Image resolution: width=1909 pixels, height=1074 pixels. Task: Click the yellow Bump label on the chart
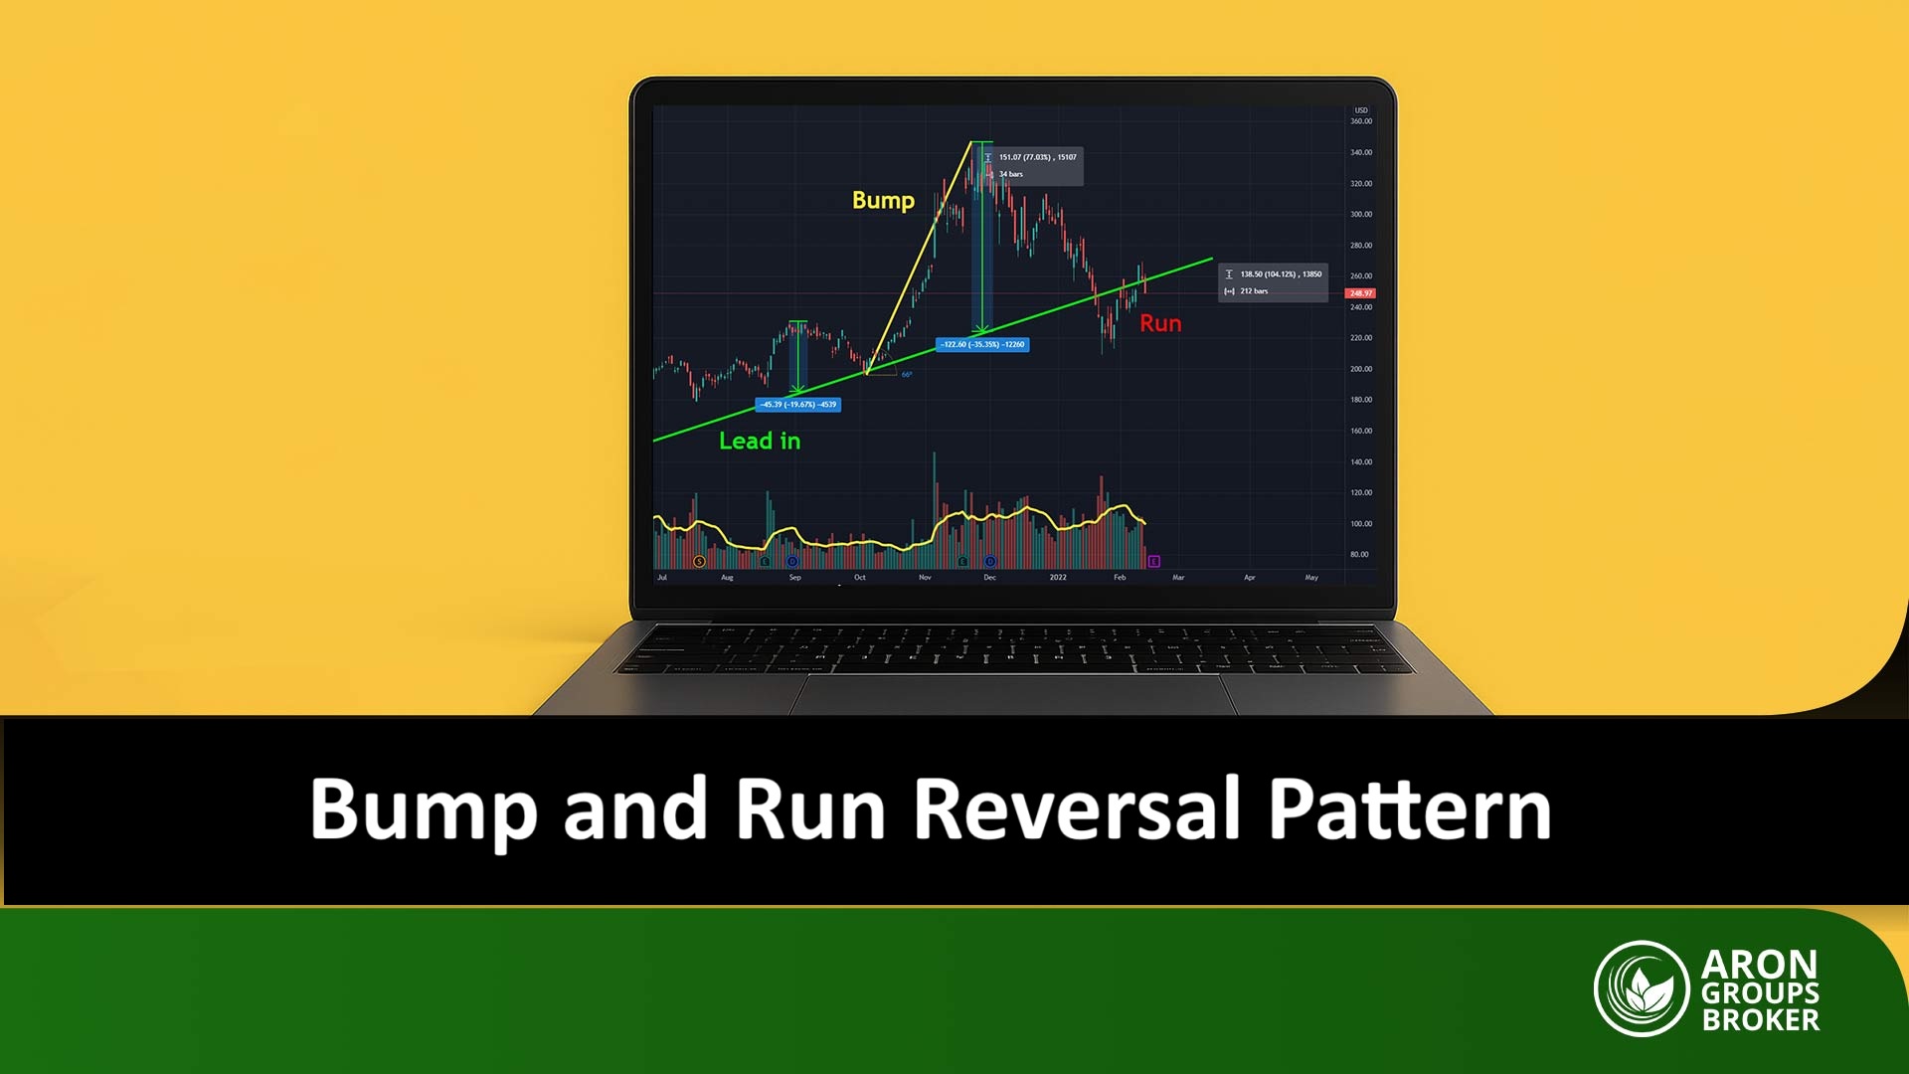tap(883, 201)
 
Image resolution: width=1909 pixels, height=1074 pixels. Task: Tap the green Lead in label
tap(760, 442)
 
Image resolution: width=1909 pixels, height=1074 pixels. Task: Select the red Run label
tap(1160, 324)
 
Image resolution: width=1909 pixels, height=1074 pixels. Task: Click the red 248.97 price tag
tap(1360, 293)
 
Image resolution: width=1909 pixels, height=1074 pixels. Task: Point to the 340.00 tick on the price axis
tap(1360, 152)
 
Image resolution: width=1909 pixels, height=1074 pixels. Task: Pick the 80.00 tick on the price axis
tap(1359, 555)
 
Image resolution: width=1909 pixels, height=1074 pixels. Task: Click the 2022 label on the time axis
tap(1058, 578)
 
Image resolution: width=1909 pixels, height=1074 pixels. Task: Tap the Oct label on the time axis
tap(860, 578)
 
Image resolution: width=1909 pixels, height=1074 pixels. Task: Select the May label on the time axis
tap(1311, 578)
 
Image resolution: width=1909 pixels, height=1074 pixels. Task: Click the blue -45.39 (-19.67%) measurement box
tap(798, 405)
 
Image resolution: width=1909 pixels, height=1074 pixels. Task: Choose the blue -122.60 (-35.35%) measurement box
tap(982, 345)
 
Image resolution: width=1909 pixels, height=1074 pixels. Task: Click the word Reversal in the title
tap(1078, 809)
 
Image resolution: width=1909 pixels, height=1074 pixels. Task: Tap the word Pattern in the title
tap(1409, 809)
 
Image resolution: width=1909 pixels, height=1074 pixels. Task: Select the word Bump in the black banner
tap(424, 809)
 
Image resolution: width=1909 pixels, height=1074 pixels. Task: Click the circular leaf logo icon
tap(1642, 988)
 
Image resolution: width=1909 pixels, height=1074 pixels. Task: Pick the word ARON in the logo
tap(1759, 964)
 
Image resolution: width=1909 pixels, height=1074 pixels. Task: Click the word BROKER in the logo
tap(1761, 1020)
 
